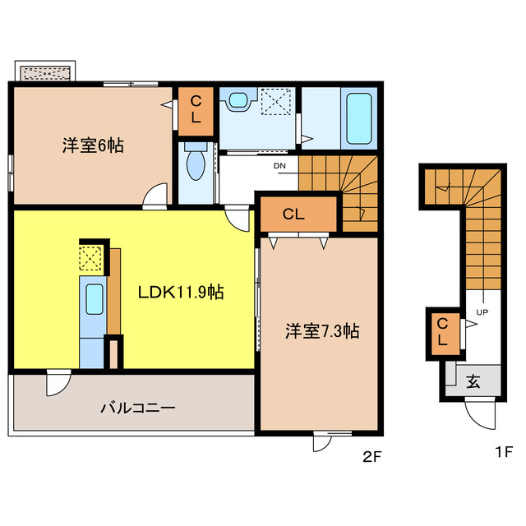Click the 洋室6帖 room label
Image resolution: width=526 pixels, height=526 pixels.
coord(92,146)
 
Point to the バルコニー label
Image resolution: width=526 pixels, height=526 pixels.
coord(137,407)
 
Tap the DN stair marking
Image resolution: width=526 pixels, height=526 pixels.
coord(280,165)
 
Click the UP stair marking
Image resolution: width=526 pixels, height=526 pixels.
coord(482,313)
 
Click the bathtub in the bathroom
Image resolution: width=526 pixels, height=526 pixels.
coord(358,119)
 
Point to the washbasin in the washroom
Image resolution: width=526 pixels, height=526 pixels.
coord(239,101)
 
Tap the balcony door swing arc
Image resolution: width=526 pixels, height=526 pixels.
coord(58,383)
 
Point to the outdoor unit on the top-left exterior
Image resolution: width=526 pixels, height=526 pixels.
coord(46,72)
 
